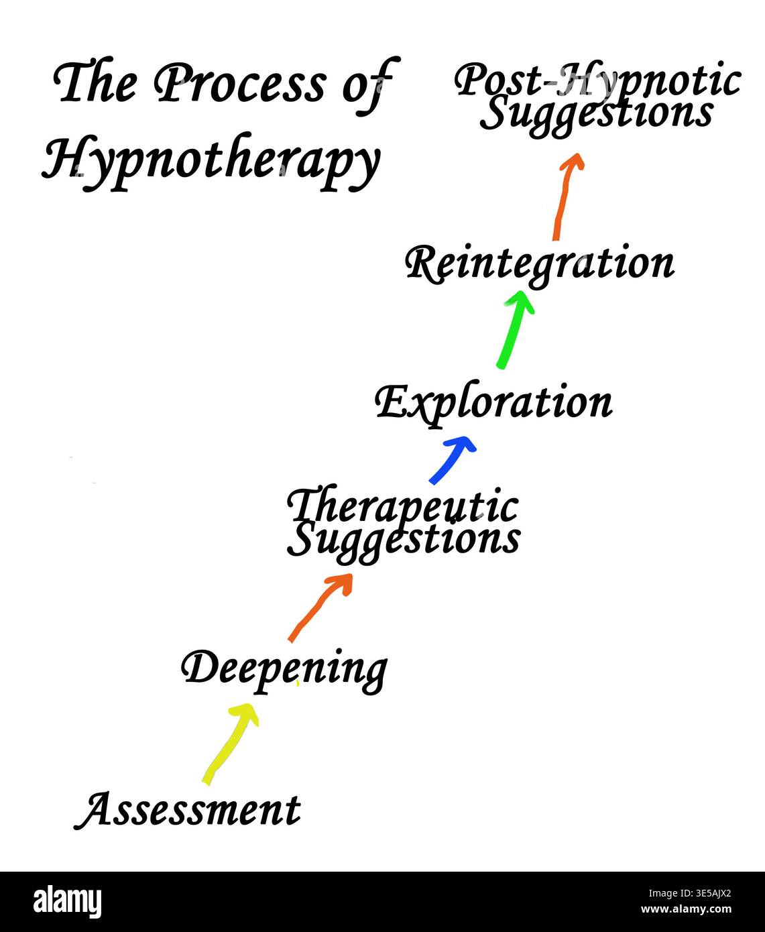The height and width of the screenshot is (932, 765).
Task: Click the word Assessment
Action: [188, 809]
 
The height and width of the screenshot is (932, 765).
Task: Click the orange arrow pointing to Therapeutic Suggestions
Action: [319, 607]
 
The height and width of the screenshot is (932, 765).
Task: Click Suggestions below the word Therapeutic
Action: [404, 540]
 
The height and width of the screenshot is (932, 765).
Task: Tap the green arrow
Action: [514, 329]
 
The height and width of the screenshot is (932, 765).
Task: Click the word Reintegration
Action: [540, 265]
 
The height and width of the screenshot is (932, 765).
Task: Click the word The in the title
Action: [95, 82]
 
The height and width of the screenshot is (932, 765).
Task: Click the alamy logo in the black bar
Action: [67, 900]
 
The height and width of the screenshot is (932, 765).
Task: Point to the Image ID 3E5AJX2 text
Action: [689, 893]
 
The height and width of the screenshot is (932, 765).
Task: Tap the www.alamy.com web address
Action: [687, 909]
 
